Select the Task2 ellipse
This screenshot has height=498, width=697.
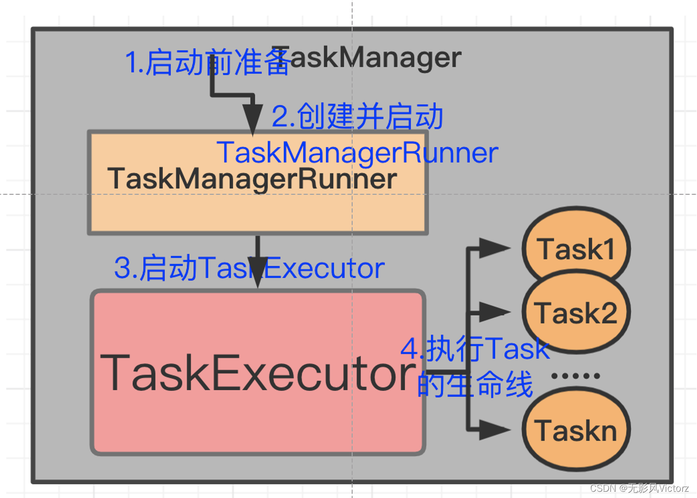576,313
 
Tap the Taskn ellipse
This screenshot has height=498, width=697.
576,430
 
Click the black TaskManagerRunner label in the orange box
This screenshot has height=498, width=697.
252,179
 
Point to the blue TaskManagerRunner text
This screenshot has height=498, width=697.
357,153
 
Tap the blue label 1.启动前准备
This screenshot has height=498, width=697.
207,63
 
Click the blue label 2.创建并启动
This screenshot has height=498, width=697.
357,116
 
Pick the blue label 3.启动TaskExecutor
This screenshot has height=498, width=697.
249,268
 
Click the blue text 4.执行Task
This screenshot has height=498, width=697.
475,348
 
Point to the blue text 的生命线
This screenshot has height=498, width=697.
475,385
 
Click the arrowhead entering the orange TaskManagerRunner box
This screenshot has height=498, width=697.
253,119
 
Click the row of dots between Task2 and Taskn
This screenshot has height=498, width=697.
575,376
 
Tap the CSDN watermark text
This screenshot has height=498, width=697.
639,488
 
